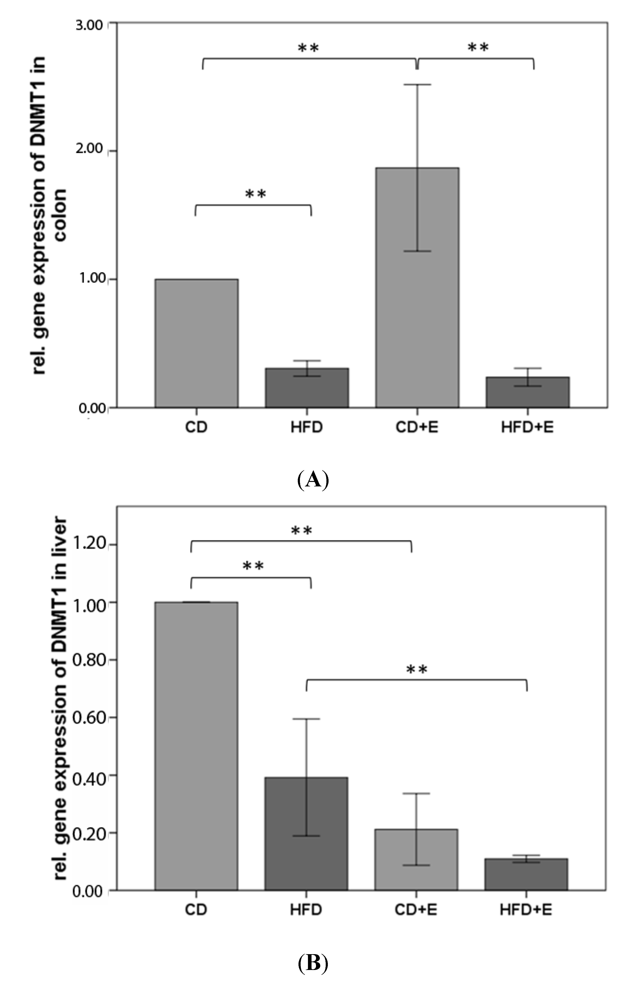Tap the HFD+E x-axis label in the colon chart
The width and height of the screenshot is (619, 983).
pyautogui.click(x=527, y=427)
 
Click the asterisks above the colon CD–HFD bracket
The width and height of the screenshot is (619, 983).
pyautogui.click(x=255, y=194)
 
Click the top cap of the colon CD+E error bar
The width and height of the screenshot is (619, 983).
pyautogui.click(x=417, y=84)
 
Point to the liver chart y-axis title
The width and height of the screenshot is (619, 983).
pyautogui.click(x=60, y=694)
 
